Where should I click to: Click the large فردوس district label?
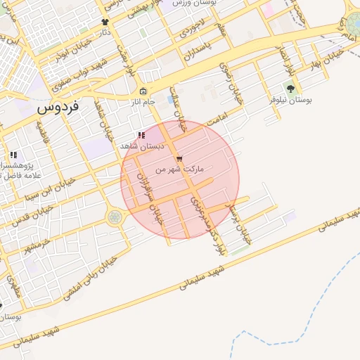58,108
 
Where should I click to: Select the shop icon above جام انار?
143,91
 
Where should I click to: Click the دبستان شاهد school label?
141,146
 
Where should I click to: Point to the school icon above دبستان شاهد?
141,135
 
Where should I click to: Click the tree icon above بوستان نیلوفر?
290,89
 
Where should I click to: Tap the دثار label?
105,32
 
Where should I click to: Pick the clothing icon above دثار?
105,22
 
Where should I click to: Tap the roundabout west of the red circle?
114,218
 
